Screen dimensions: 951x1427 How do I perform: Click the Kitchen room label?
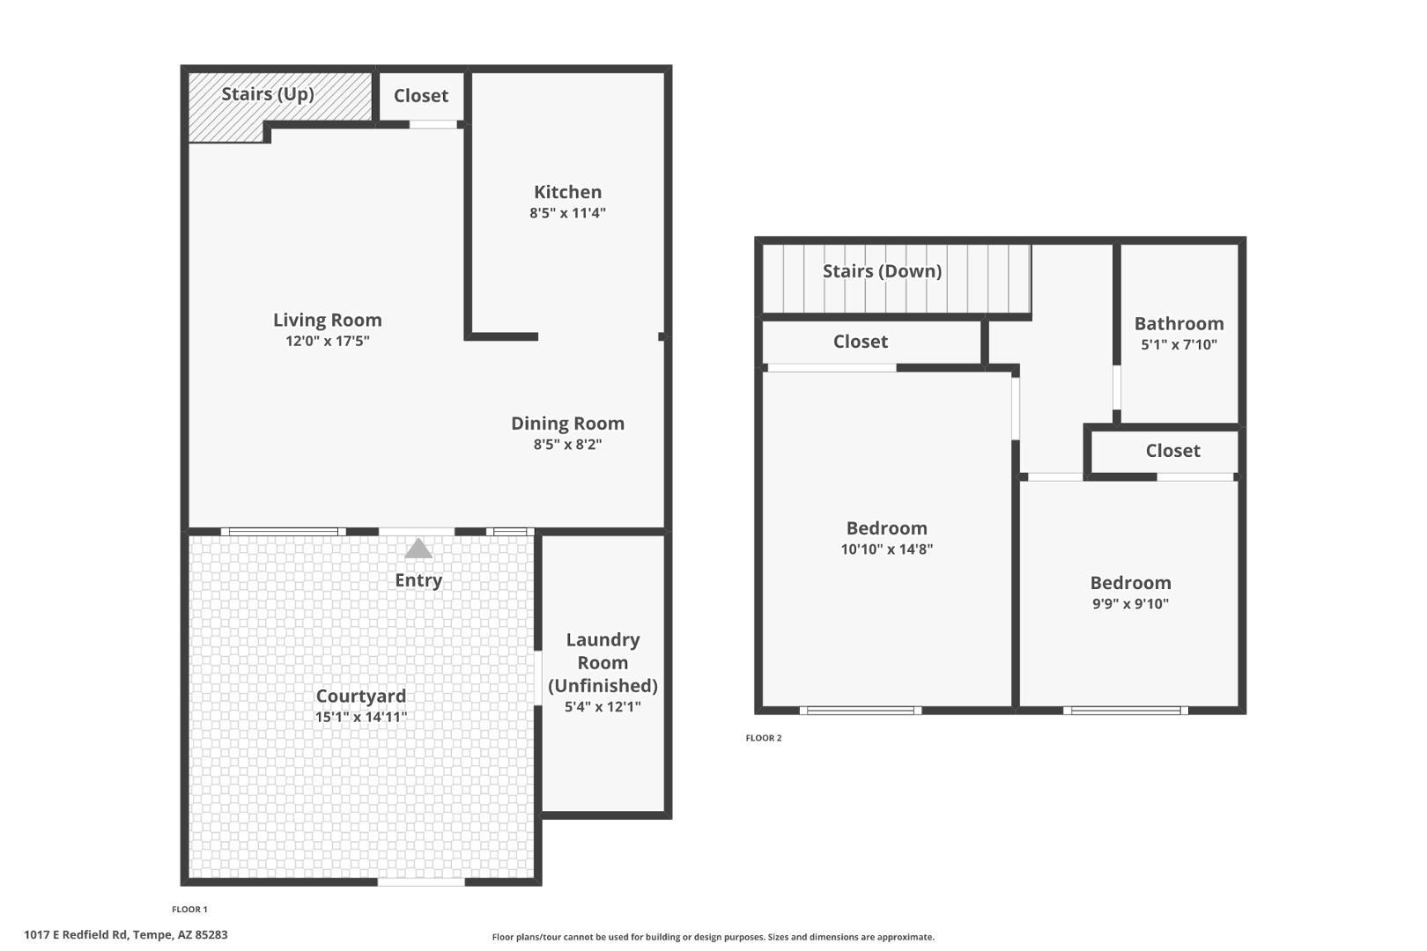(567, 192)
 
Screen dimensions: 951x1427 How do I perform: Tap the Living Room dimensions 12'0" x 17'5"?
(327, 342)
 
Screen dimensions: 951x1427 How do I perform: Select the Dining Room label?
(567, 424)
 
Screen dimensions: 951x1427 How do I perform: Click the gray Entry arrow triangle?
(418, 549)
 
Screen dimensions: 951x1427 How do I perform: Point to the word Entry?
(418, 580)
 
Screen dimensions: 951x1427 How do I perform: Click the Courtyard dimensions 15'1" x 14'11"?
(361, 718)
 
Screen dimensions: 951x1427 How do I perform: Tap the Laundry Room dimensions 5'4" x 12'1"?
(603, 707)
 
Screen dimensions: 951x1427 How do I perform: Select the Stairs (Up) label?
(268, 94)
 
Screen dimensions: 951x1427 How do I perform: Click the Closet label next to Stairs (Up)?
(420, 96)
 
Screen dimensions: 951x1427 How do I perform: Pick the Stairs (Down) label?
(882, 271)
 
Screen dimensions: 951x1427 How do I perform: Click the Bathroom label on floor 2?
(1179, 324)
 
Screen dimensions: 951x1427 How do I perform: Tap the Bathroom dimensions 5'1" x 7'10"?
(1179, 345)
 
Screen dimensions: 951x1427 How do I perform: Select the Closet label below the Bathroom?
(1172, 451)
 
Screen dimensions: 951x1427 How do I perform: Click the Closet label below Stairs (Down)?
(861, 342)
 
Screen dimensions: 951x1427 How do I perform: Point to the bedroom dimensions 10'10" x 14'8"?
(886, 549)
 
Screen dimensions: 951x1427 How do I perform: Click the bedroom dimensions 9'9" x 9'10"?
(1130, 604)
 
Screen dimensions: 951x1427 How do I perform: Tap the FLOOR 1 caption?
(189, 910)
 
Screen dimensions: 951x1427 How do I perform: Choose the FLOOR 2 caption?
(764, 738)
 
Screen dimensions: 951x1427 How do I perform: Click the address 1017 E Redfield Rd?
(125, 934)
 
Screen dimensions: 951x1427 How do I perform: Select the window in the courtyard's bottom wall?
(421, 881)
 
